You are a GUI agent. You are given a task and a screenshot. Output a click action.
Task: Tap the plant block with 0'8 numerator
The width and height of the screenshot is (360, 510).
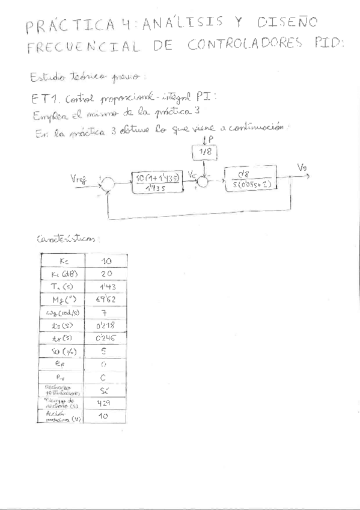click(250, 180)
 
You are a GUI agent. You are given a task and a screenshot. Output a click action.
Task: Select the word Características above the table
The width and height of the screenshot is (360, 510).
click(69, 239)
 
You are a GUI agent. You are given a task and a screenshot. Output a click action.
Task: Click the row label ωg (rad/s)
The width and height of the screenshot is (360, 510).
click(63, 312)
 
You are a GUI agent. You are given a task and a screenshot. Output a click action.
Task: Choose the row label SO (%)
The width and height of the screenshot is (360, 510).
click(63, 351)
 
